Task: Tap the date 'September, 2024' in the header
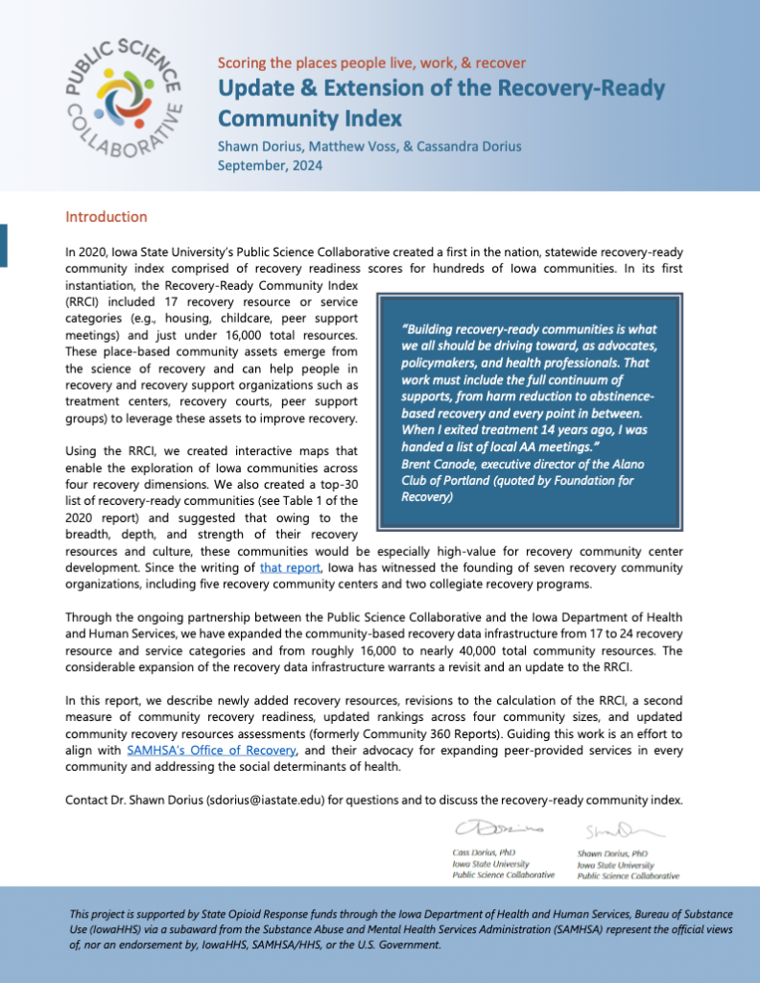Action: tap(270, 164)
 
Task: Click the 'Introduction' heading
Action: tap(106, 217)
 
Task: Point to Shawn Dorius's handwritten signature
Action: tap(611, 828)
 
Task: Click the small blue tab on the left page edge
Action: tap(4, 245)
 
